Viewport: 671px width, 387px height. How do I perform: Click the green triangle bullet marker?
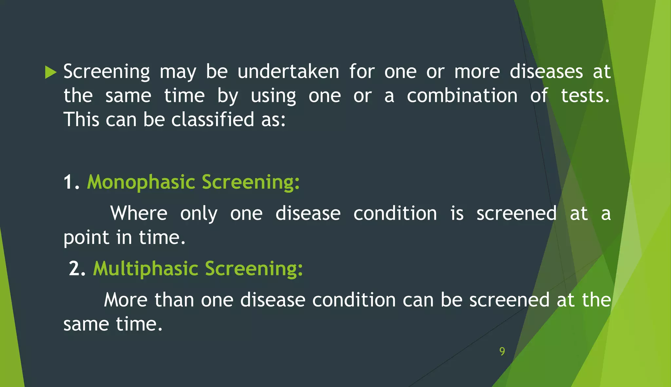(50, 72)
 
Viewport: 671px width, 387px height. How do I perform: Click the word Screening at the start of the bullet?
(106, 72)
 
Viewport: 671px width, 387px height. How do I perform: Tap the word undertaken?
(288, 72)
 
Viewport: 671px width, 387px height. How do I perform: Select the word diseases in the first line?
(546, 72)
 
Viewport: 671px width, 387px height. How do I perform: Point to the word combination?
(462, 96)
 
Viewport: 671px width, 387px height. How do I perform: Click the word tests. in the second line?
(585, 96)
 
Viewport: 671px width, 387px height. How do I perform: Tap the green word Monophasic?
(141, 182)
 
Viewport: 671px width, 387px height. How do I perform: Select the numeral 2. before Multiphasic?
(77, 269)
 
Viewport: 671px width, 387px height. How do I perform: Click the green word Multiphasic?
(145, 269)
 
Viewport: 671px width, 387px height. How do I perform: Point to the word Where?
(139, 213)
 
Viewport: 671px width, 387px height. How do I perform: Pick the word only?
(199, 213)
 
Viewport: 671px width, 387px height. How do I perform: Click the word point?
(86, 238)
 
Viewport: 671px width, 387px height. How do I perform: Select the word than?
(174, 300)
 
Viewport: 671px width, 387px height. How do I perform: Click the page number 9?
(502, 351)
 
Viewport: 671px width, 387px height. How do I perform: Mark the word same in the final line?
(86, 324)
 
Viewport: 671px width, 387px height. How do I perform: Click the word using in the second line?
(273, 96)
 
